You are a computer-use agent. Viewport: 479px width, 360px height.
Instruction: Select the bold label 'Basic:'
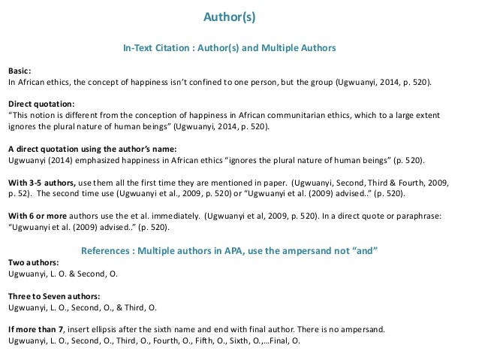[20, 67]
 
